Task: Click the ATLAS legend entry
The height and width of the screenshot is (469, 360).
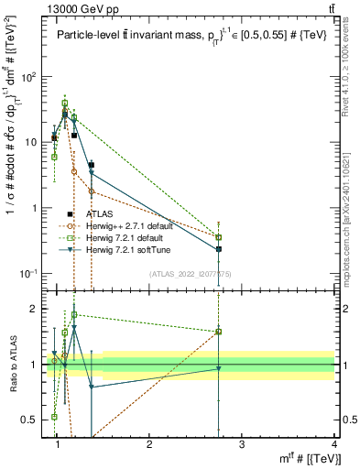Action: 99,213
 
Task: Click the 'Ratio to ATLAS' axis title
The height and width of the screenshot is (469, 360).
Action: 15,365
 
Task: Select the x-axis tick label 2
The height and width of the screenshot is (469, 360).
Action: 149,444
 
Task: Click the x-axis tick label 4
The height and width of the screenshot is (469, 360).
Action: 334,444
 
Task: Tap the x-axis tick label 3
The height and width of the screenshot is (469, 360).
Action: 242,444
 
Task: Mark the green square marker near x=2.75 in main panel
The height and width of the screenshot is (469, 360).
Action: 218,237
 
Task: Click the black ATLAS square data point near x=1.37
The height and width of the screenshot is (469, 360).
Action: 92,165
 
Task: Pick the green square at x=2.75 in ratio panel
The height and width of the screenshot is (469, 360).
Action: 218,332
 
